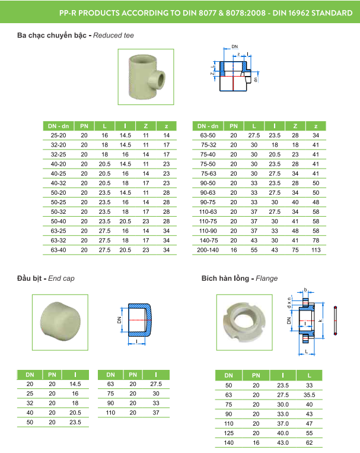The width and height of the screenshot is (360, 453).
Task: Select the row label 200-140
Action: click(x=208, y=250)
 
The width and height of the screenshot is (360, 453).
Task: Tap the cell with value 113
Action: click(x=316, y=250)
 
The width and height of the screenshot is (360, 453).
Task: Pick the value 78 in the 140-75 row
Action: click(x=316, y=240)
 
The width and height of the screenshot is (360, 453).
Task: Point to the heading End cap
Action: click(x=61, y=278)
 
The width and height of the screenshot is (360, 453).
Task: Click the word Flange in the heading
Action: click(x=266, y=278)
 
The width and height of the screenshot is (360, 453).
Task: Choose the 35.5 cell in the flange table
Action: click(x=308, y=394)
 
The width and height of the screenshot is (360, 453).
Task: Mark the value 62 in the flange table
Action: click(x=308, y=442)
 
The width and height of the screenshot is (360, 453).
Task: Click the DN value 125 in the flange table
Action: click(x=229, y=432)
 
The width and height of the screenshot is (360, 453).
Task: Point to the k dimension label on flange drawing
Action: click(x=321, y=321)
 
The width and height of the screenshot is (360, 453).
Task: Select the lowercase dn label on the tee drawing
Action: click(x=256, y=78)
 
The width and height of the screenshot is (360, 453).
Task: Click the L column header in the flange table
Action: click(x=308, y=375)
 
